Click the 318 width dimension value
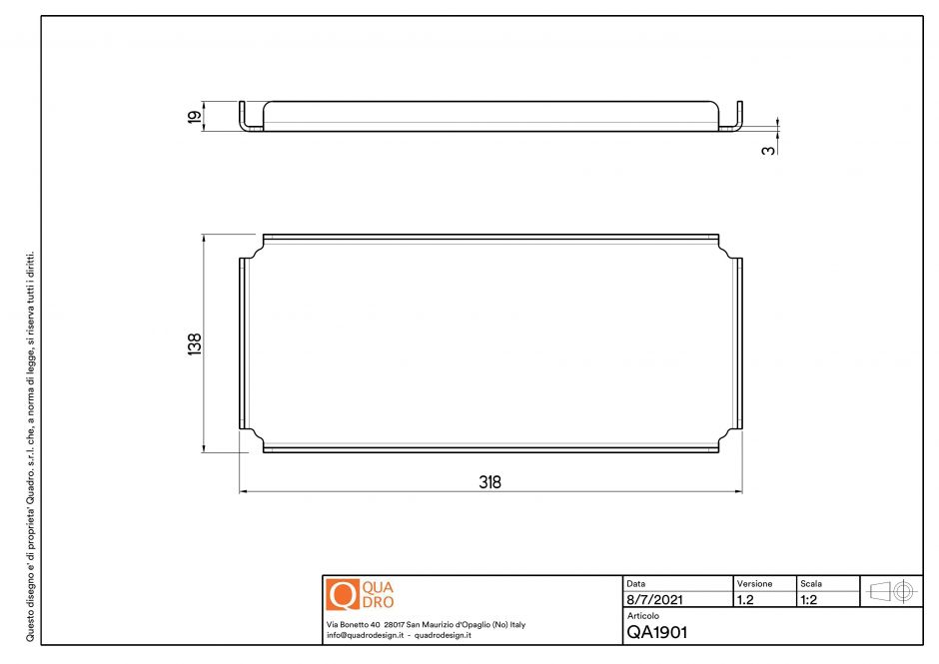pos(489,481)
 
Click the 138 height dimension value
pos(195,343)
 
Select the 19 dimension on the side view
pos(195,116)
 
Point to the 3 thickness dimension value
pos(767,149)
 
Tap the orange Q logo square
pos(342,594)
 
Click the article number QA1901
pos(656,631)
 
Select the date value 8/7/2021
pos(654,600)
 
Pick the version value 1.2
pos(745,600)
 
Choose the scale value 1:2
pos(811,600)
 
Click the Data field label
pos(636,583)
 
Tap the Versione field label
pos(754,583)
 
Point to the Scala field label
pos(811,583)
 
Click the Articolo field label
pos(643,616)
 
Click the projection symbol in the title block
pos(892,591)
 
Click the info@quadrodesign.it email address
pos(365,635)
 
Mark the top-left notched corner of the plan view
pos(254,248)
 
